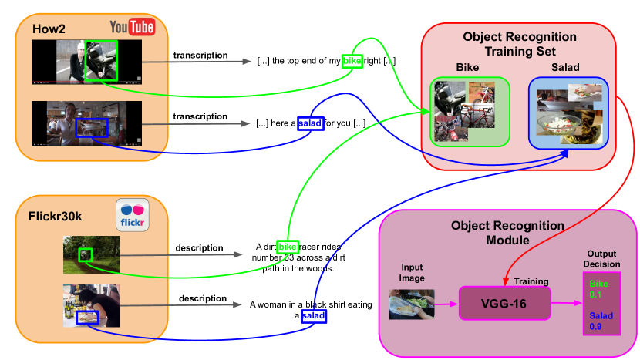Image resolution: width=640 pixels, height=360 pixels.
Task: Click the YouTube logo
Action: click(133, 27)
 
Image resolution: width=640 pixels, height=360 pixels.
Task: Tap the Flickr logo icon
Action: click(133, 215)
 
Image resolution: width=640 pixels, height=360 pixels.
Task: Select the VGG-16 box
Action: click(505, 303)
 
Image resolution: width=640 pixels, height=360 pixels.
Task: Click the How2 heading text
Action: click(49, 29)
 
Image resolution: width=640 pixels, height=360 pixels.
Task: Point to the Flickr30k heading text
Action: click(55, 217)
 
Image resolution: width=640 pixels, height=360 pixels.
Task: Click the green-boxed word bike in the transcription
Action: click(352, 61)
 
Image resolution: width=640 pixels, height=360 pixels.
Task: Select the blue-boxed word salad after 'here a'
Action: click(311, 123)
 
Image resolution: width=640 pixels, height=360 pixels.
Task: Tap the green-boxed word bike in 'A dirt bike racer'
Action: click(288, 247)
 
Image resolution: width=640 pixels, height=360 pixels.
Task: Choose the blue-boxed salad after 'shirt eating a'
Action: click(314, 316)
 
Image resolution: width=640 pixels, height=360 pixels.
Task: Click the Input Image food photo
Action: click(412, 304)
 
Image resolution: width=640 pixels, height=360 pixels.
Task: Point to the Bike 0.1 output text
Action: click(598, 289)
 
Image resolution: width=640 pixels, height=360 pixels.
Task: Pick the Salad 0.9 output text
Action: click(601, 321)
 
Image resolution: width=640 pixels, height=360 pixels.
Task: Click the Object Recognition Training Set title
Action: click(520, 44)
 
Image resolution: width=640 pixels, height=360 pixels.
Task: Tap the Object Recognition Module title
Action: click(507, 233)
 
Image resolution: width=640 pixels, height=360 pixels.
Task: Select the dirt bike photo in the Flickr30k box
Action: click(92, 254)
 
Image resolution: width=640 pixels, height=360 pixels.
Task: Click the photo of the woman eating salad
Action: click(92, 306)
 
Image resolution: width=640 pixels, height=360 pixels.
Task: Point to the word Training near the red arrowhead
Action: click(531, 281)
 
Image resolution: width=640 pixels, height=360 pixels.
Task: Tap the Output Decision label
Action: click(601, 259)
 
